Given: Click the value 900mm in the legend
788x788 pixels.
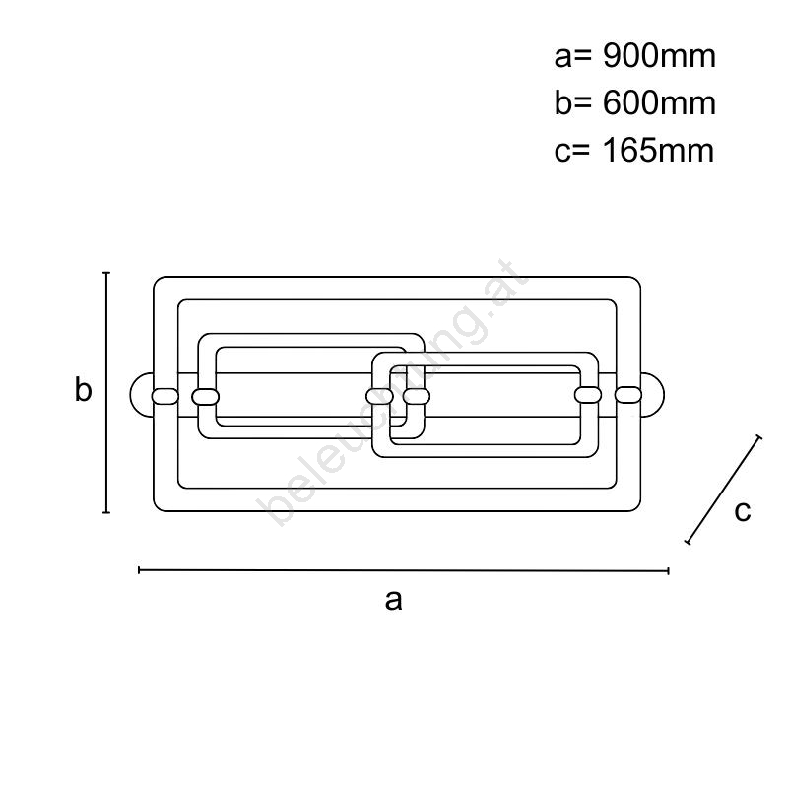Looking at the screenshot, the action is pyautogui.click(x=659, y=56).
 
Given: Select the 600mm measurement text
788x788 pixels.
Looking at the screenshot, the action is pyautogui.click(x=659, y=103).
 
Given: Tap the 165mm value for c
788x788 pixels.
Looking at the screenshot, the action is pyautogui.click(x=658, y=150).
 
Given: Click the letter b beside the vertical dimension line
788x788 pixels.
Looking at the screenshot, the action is pyautogui.click(x=84, y=389).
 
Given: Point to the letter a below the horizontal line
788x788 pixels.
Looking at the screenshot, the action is pyautogui.click(x=393, y=600).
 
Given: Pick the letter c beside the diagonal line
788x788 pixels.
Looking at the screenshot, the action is pyautogui.click(x=743, y=511).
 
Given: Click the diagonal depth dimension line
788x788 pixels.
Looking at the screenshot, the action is pyautogui.click(x=723, y=490).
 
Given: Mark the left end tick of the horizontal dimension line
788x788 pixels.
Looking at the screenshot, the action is pyautogui.click(x=139, y=570).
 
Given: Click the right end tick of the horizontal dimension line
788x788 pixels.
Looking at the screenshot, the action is pyautogui.click(x=668, y=571).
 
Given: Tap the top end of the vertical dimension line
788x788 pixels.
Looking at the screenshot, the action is pyautogui.click(x=106, y=273).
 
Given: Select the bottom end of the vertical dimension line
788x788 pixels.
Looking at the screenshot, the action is pyautogui.click(x=106, y=512).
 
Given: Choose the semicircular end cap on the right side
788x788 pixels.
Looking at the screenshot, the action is pyautogui.click(x=652, y=395).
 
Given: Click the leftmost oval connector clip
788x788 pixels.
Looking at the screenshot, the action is pyautogui.click(x=164, y=396).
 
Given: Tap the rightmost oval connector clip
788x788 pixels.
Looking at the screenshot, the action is pyautogui.click(x=628, y=395).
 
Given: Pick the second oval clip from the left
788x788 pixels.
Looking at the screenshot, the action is pyautogui.click(x=206, y=397).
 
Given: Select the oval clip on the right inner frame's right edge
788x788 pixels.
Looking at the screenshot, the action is pyautogui.click(x=588, y=395).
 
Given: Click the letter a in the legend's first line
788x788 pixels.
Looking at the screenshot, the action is pyautogui.click(x=562, y=59).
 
